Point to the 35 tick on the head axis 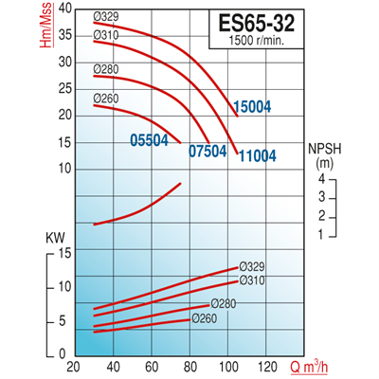click(63, 33)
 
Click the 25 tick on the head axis click(63, 87)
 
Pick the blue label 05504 click(150, 139)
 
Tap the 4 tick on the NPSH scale click(321, 179)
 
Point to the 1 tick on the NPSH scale click(321, 233)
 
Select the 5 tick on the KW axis click(63, 321)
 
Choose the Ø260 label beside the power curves click(204, 318)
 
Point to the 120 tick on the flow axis click(269, 367)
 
